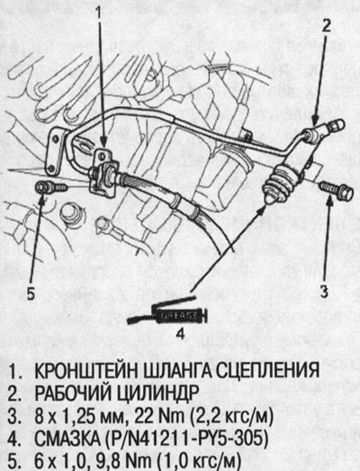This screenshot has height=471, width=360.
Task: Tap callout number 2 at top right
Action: pos(328,24)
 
